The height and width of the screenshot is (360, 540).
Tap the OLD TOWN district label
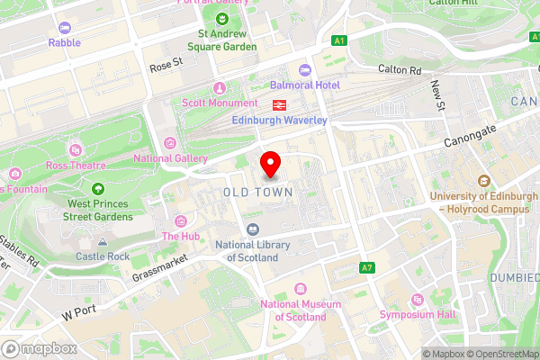pos(257,193)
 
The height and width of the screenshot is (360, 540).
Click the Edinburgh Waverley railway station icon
pos(282,104)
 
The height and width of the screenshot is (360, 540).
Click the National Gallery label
pos(171,159)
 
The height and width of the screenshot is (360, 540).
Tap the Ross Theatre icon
pos(74,148)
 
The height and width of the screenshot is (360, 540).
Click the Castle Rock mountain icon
pos(103,242)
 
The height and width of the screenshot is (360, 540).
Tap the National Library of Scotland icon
pos(253,230)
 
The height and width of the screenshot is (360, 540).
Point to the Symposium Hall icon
pos(416,300)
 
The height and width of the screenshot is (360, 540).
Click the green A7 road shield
pos(366,268)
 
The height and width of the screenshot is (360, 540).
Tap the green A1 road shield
pos(338,40)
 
